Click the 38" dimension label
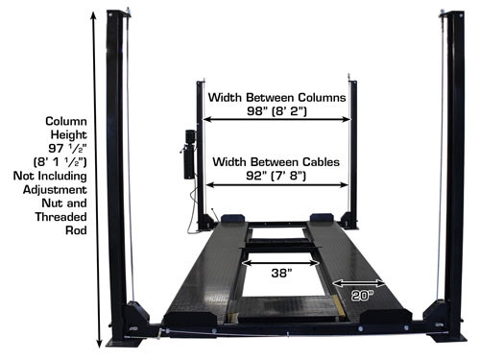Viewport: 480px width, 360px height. [281, 273]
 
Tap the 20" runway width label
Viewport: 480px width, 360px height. [362, 296]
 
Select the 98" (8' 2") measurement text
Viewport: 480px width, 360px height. [276, 111]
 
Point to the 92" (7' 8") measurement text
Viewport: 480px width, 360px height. [276, 176]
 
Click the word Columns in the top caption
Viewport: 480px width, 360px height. [322, 97]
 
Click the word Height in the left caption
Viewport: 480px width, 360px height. [69, 134]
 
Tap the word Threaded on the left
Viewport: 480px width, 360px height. [60, 217]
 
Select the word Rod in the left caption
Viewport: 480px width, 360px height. [76, 230]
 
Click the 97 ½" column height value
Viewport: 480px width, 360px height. [67, 148]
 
